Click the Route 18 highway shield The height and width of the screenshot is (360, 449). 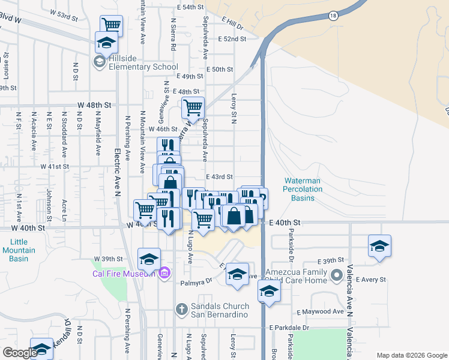click(333, 16)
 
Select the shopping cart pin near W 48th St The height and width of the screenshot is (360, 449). click(193, 109)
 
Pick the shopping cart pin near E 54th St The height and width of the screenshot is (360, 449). click(111, 25)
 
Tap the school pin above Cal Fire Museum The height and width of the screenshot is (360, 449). click(149, 259)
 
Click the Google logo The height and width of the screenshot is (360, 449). click(20, 352)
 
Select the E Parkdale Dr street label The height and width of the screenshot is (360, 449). click(289, 328)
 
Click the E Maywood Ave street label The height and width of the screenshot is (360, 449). click(320, 312)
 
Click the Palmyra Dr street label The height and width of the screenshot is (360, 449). click(200, 280)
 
